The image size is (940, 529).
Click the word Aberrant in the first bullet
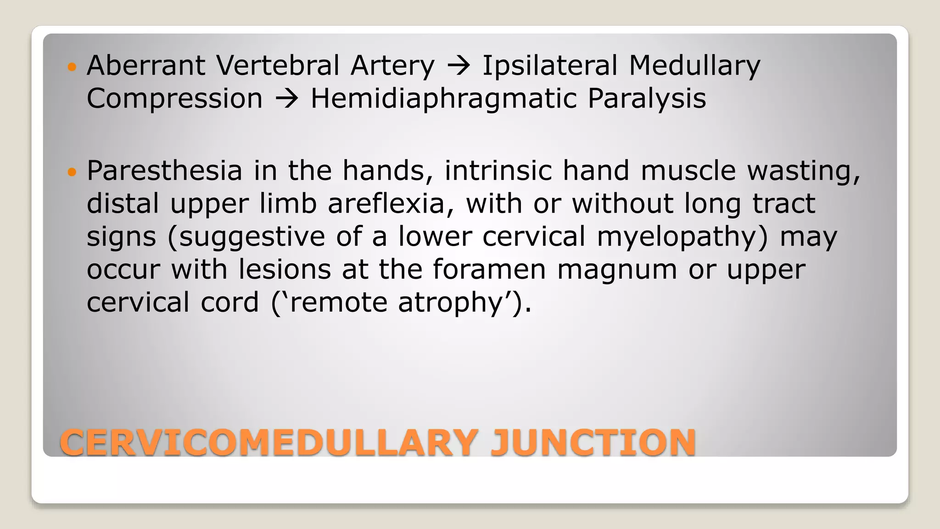(146, 65)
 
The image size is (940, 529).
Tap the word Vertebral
(278, 65)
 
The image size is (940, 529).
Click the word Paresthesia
(164, 170)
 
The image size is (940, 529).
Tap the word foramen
(489, 270)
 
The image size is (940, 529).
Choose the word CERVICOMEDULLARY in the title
(269, 443)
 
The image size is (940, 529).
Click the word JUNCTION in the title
(593, 443)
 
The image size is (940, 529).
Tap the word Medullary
(694, 66)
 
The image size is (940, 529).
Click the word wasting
(803, 171)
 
